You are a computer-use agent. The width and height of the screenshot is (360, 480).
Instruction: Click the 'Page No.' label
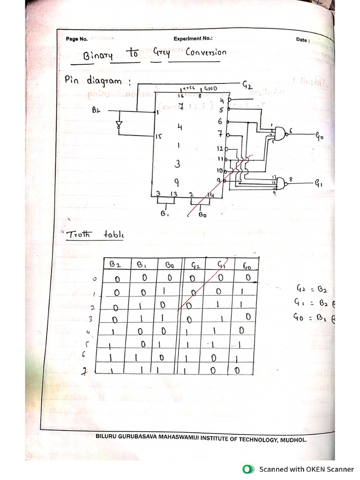tap(77, 39)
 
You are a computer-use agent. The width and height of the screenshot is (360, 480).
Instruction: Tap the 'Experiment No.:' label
tap(193, 39)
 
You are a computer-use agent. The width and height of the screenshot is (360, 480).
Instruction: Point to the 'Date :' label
tap(303, 40)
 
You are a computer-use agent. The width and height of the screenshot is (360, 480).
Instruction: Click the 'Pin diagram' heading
tap(99, 81)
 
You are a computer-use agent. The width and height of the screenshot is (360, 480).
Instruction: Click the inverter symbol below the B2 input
tap(119, 125)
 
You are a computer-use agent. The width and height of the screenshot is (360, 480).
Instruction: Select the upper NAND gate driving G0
tap(280, 134)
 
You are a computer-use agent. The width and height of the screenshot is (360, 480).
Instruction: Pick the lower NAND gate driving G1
tap(281, 183)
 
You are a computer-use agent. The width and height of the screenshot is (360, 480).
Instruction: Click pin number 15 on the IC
tap(158, 137)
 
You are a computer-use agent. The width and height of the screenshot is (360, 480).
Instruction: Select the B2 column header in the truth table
tap(115, 264)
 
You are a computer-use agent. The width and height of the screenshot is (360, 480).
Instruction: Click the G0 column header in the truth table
tap(247, 266)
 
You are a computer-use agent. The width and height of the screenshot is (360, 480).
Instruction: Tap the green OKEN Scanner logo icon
tap(247, 469)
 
